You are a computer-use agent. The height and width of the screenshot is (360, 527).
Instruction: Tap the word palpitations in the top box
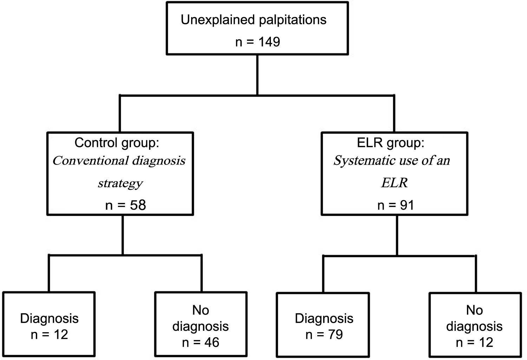point(293,20)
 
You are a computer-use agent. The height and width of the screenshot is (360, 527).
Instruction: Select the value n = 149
point(258,42)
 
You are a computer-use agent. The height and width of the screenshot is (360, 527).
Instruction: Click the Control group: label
point(117,143)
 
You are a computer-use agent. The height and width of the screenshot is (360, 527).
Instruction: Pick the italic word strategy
point(120,183)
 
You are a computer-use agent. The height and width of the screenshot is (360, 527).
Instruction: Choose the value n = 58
point(125,205)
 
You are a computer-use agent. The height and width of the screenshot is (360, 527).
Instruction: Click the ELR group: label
point(390,143)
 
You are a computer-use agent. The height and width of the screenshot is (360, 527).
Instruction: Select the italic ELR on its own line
point(394,183)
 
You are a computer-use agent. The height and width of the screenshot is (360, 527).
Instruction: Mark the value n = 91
point(396,205)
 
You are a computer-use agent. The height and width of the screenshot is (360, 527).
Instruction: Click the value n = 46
point(201,342)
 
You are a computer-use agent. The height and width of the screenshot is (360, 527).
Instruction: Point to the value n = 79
point(324,334)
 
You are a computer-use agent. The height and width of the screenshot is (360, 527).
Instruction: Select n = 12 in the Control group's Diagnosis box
point(49,334)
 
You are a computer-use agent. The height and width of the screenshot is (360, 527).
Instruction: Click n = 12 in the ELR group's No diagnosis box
point(474,342)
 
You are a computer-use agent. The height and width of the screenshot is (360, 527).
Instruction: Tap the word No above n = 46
point(201,310)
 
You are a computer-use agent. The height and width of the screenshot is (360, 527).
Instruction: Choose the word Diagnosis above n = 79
point(324,319)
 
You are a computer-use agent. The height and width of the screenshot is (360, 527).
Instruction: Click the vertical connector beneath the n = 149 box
point(258,75)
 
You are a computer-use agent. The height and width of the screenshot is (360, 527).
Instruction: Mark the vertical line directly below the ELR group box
point(397,235)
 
